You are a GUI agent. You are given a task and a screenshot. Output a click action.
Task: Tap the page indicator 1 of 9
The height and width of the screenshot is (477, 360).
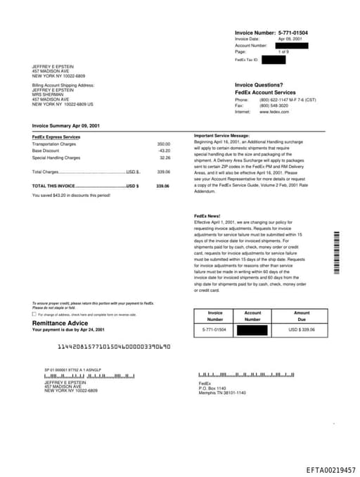[283, 52]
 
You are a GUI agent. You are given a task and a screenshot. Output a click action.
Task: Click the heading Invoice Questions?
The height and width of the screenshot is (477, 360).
[259, 84]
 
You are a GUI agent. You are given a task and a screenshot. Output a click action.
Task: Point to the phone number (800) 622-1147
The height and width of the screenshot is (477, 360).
[274, 100]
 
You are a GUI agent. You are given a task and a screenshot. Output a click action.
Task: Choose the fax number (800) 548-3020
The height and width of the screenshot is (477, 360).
[274, 106]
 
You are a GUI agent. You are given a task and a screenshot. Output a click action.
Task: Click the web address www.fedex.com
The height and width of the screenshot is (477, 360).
[274, 112]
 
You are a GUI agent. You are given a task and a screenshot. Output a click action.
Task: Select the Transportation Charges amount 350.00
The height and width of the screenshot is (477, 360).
[163, 144]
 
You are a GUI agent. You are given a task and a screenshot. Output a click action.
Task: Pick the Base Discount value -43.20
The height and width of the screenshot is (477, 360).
[164, 151]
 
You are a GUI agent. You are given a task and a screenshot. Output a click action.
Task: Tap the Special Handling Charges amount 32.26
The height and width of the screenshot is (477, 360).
[165, 158]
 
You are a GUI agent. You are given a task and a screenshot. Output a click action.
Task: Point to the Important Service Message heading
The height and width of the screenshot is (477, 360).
[221, 135]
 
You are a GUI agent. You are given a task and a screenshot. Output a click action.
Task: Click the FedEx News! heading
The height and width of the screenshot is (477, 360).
[207, 215]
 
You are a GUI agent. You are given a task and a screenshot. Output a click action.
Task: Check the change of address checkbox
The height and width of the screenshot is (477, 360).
[34, 314]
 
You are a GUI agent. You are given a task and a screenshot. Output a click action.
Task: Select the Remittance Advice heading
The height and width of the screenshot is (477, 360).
[60, 323]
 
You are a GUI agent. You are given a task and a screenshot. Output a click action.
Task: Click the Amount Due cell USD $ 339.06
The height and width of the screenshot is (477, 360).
[302, 329]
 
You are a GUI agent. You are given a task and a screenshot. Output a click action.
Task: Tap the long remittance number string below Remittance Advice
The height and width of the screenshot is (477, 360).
[113, 346]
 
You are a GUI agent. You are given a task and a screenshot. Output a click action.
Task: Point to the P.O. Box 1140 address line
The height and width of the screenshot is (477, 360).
[212, 388]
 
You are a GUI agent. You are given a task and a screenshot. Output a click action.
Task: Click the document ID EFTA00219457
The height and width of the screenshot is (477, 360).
[330, 469]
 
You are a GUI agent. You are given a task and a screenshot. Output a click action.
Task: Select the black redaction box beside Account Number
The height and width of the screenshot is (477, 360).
[295, 45]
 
